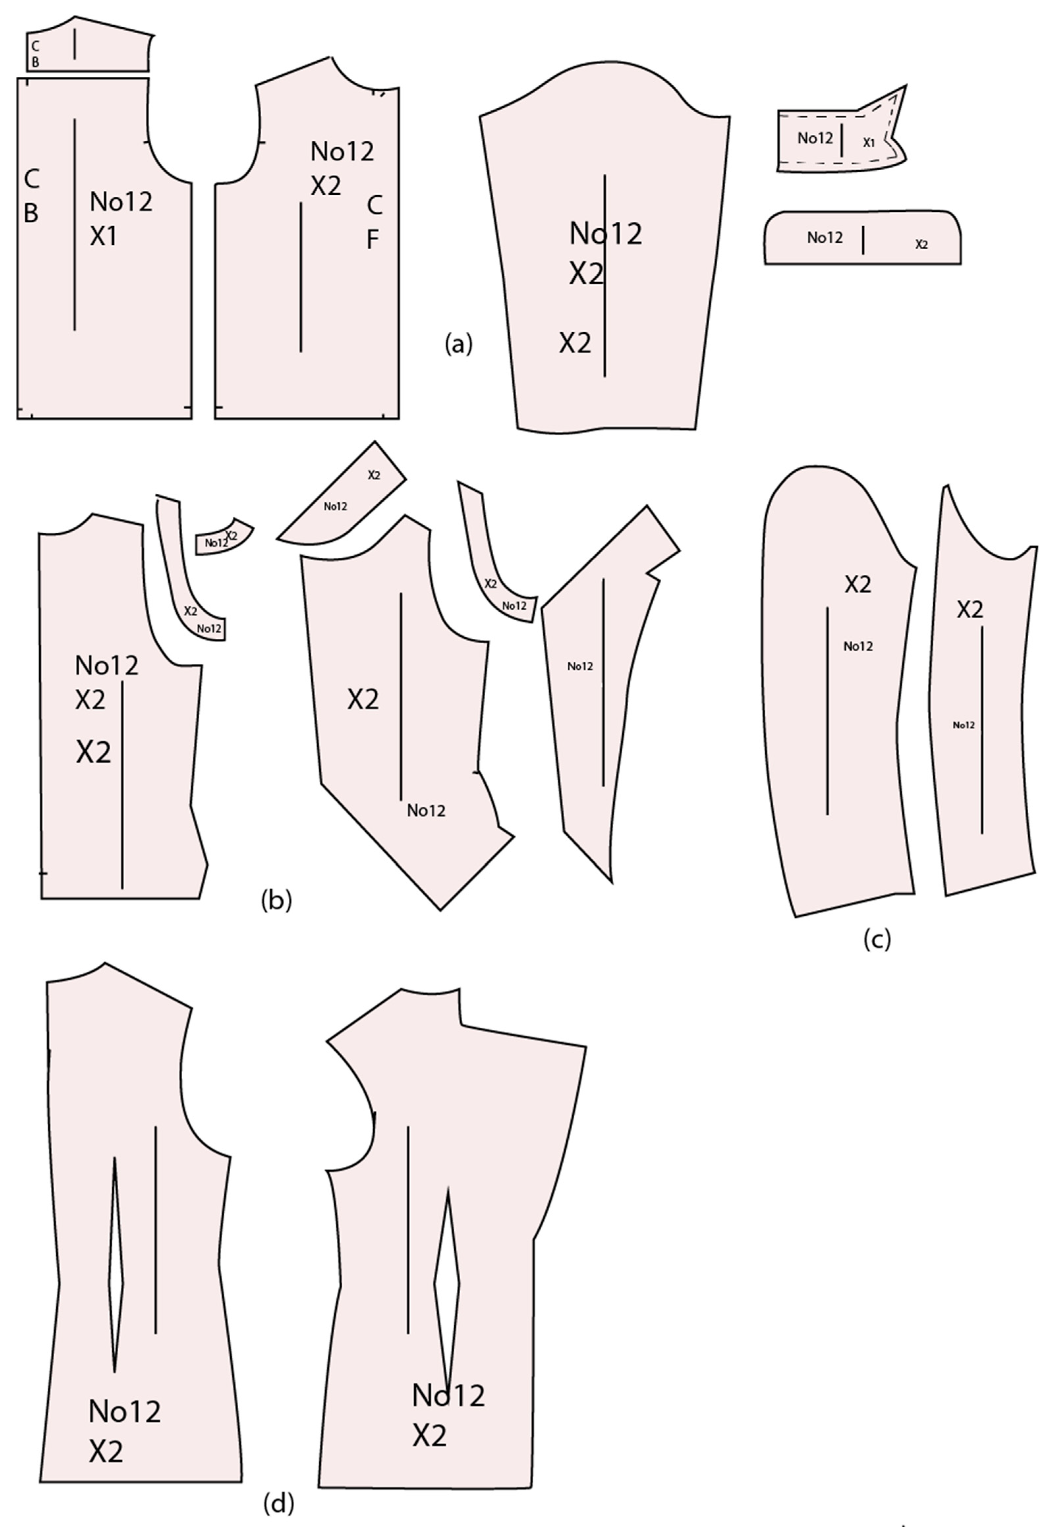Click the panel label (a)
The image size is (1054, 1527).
point(459,343)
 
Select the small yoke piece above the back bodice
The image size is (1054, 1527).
point(106,49)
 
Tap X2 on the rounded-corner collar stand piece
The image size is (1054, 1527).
point(921,244)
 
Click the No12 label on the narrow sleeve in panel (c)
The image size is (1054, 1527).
point(963,725)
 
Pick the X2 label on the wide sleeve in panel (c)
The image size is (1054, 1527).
point(858,584)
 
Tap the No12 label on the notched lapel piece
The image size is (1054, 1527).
point(580,666)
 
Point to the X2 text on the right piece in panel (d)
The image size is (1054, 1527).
point(429,1435)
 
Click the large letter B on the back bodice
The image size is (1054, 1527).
point(30,213)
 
